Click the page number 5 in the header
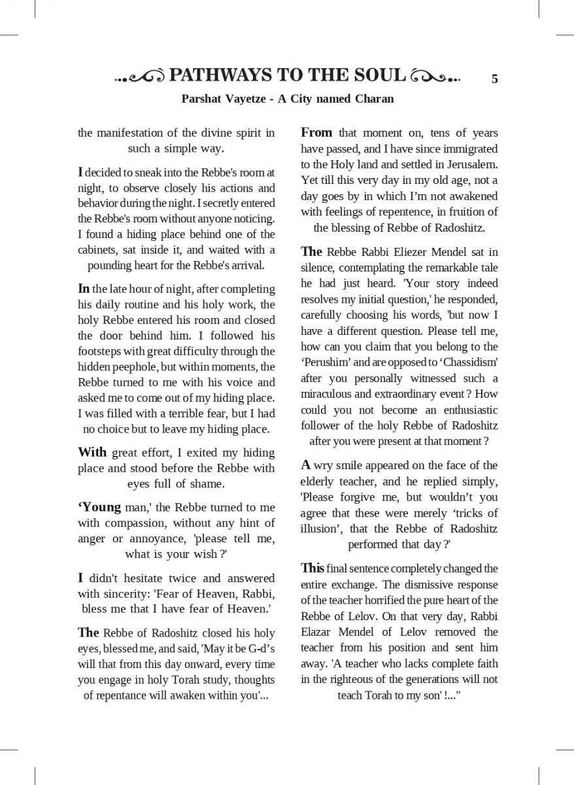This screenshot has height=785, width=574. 494,79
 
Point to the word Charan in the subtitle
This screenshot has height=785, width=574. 373,99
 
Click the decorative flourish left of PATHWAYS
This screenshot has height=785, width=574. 139,78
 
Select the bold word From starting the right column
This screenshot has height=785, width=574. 316,133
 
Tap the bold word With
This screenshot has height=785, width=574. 92,452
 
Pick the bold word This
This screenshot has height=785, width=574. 312,568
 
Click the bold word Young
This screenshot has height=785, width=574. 101,507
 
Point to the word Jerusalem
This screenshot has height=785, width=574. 470,164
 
